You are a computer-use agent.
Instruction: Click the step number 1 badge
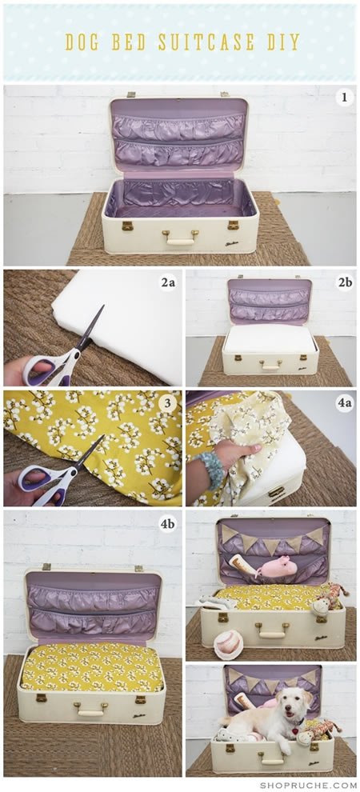click(x=345, y=97)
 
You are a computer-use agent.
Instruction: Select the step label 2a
click(x=168, y=283)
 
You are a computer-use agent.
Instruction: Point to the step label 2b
click(x=345, y=283)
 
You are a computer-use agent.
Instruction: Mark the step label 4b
click(x=168, y=524)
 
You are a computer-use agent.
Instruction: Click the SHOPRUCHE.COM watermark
click(x=308, y=785)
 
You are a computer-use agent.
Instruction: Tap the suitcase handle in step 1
click(x=180, y=238)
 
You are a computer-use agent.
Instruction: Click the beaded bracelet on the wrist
click(x=210, y=470)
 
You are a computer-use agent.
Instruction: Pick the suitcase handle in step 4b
click(x=91, y=709)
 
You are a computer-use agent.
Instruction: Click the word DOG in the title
click(x=84, y=42)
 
